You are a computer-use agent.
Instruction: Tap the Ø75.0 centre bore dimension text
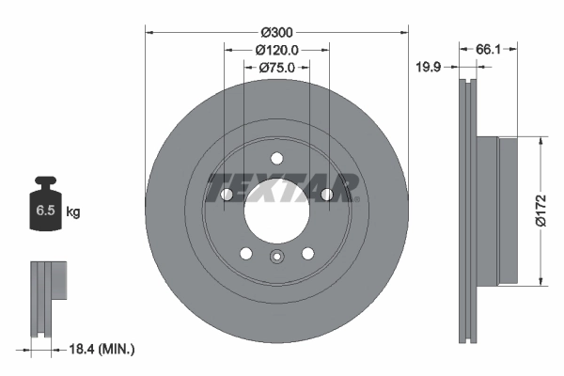coord(276,67)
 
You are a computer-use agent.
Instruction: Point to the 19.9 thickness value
coord(430,67)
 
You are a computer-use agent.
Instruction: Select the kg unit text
coord(73,212)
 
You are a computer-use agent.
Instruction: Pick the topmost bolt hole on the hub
coord(276,159)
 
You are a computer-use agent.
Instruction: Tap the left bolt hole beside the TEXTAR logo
coord(227,195)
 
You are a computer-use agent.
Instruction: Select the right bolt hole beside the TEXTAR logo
coord(326,195)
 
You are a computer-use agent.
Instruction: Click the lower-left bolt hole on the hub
coord(246,253)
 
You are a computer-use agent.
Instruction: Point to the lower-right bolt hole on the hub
coord(307,253)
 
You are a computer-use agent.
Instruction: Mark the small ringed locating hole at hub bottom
coord(276,258)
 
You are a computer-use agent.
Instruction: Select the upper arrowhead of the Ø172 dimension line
coord(540,142)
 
